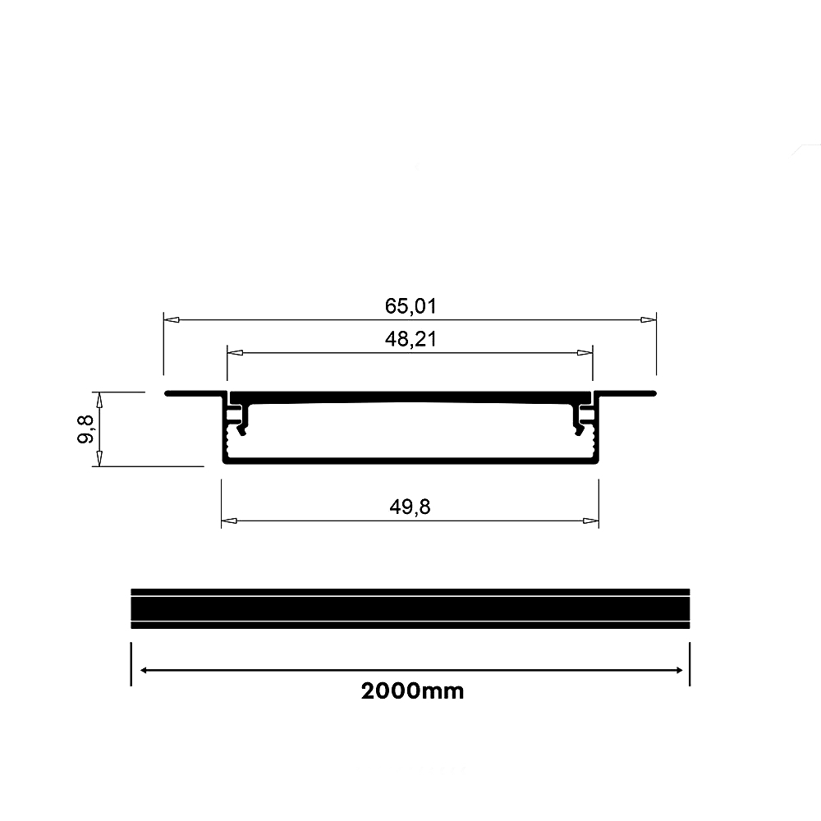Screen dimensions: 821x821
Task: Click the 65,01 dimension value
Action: coord(410,306)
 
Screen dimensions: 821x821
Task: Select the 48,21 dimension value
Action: coord(410,339)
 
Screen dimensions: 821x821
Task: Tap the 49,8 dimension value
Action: coord(410,507)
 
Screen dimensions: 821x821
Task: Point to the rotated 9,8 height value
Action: coord(85,429)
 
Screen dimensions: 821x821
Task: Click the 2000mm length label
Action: coord(413,691)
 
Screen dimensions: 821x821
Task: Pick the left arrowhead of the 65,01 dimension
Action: coord(172,319)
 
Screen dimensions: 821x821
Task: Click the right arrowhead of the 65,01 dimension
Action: coord(649,319)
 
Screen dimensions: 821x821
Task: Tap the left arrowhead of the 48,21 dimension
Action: coord(235,353)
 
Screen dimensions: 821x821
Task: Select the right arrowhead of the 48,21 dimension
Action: coord(585,353)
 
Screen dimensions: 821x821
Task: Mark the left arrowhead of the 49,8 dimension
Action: coord(229,521)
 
